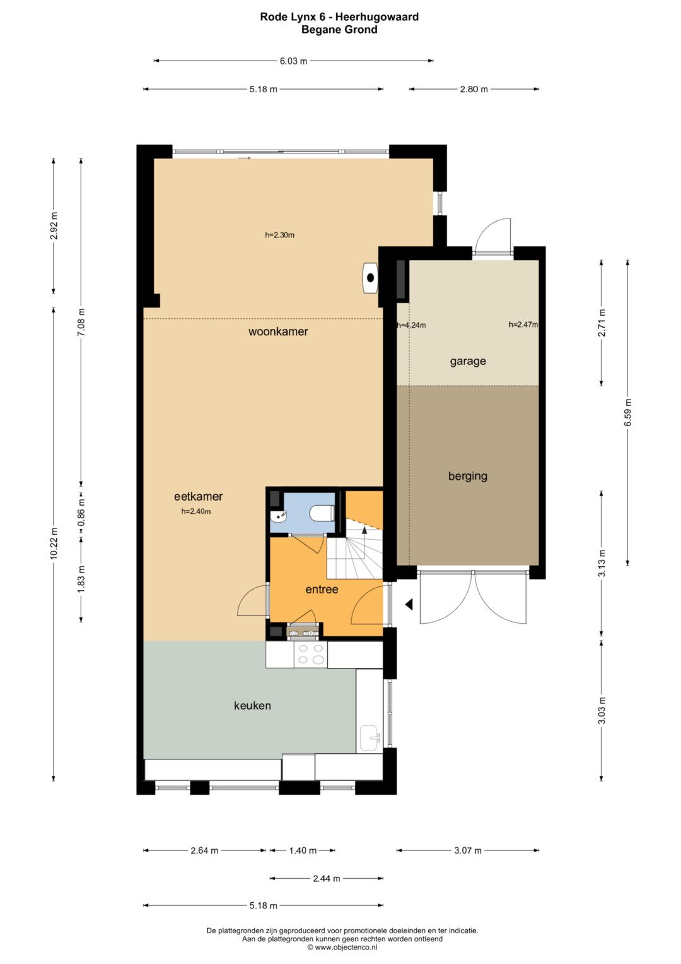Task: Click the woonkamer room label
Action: point(278,331)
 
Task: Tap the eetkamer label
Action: point(198,496)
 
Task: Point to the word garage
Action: point(468,361)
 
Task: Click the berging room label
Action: point(468,476)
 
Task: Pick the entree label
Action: point(322,589)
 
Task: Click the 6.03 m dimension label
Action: point(294,61)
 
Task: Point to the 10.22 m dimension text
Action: point(54,544)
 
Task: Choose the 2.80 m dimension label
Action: point(474,90)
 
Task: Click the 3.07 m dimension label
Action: point(468,850)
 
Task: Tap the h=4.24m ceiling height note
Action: point(411,325)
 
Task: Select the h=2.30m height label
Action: point(279,235)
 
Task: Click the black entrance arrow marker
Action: point(409,605)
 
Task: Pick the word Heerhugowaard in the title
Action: point(376,17)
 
